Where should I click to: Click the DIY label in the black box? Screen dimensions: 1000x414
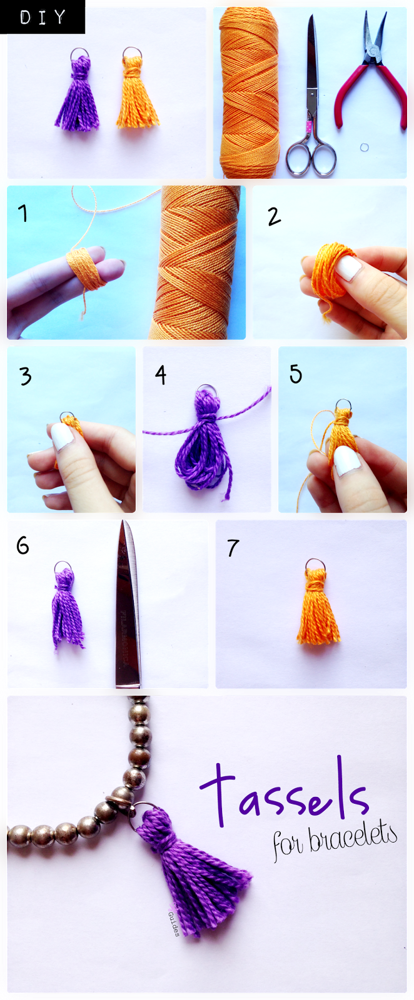(43, 17)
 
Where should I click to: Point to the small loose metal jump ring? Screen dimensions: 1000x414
(365, 147)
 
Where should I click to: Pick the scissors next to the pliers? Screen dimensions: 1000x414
(312, 106)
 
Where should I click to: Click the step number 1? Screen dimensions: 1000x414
(23, 214)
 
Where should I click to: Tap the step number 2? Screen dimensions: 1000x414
(274, 217)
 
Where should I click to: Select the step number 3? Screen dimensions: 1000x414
(25, 376)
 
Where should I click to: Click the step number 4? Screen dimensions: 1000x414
(161, 375)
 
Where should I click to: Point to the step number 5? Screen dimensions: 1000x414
(295, 374)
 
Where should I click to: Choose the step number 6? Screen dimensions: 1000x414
(23, 546)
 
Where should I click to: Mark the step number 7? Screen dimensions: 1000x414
(233, 548)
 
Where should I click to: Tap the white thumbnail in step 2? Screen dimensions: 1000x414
(348, 268)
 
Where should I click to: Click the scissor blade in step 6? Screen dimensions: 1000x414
(128, 606)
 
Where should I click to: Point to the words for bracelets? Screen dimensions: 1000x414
(335, 841)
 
